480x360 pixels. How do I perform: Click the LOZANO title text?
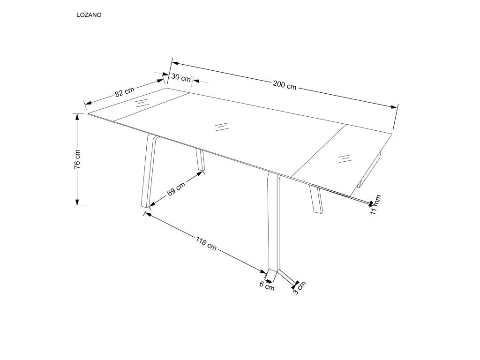coord(89,15)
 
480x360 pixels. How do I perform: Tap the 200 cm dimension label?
coord(285,85)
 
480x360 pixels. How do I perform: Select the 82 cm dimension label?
coord(125,91)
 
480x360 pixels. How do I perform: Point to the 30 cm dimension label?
coord(181,77)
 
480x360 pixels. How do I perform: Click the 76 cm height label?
coord(77,159)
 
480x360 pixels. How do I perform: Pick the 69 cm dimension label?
coord(176,189)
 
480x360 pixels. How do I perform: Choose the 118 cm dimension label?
coord(206,242)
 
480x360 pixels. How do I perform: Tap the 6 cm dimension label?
coord(267,286)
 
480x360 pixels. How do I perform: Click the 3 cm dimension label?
coord(299,288)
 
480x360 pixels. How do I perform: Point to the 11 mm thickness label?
coord(375,204)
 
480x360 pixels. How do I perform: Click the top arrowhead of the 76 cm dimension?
coord(77,116)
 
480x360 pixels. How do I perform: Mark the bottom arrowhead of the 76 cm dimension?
coord(77,202)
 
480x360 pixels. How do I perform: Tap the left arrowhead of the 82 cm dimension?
coord(88,103)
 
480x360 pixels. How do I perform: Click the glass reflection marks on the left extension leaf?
coord(142,102)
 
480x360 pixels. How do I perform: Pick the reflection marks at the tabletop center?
coord(221,127)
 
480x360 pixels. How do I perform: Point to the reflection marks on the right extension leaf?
coord(345,158)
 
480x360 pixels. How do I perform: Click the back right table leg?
coord(316,200)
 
